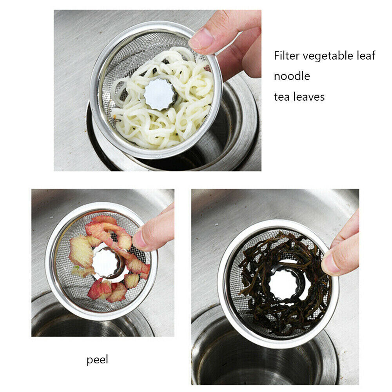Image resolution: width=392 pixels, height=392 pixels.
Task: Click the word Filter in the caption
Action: click(x=286, y=56)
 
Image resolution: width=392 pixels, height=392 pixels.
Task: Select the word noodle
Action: click(x=292, y=76)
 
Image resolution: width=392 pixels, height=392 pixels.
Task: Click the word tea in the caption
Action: click(x=281, y=96)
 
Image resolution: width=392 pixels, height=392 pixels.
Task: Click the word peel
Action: click(x=97, y=359)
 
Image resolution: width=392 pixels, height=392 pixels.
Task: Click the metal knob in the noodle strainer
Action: click(x=160, y=94)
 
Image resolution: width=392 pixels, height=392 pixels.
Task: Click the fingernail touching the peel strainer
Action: click(x=140, y=243)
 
